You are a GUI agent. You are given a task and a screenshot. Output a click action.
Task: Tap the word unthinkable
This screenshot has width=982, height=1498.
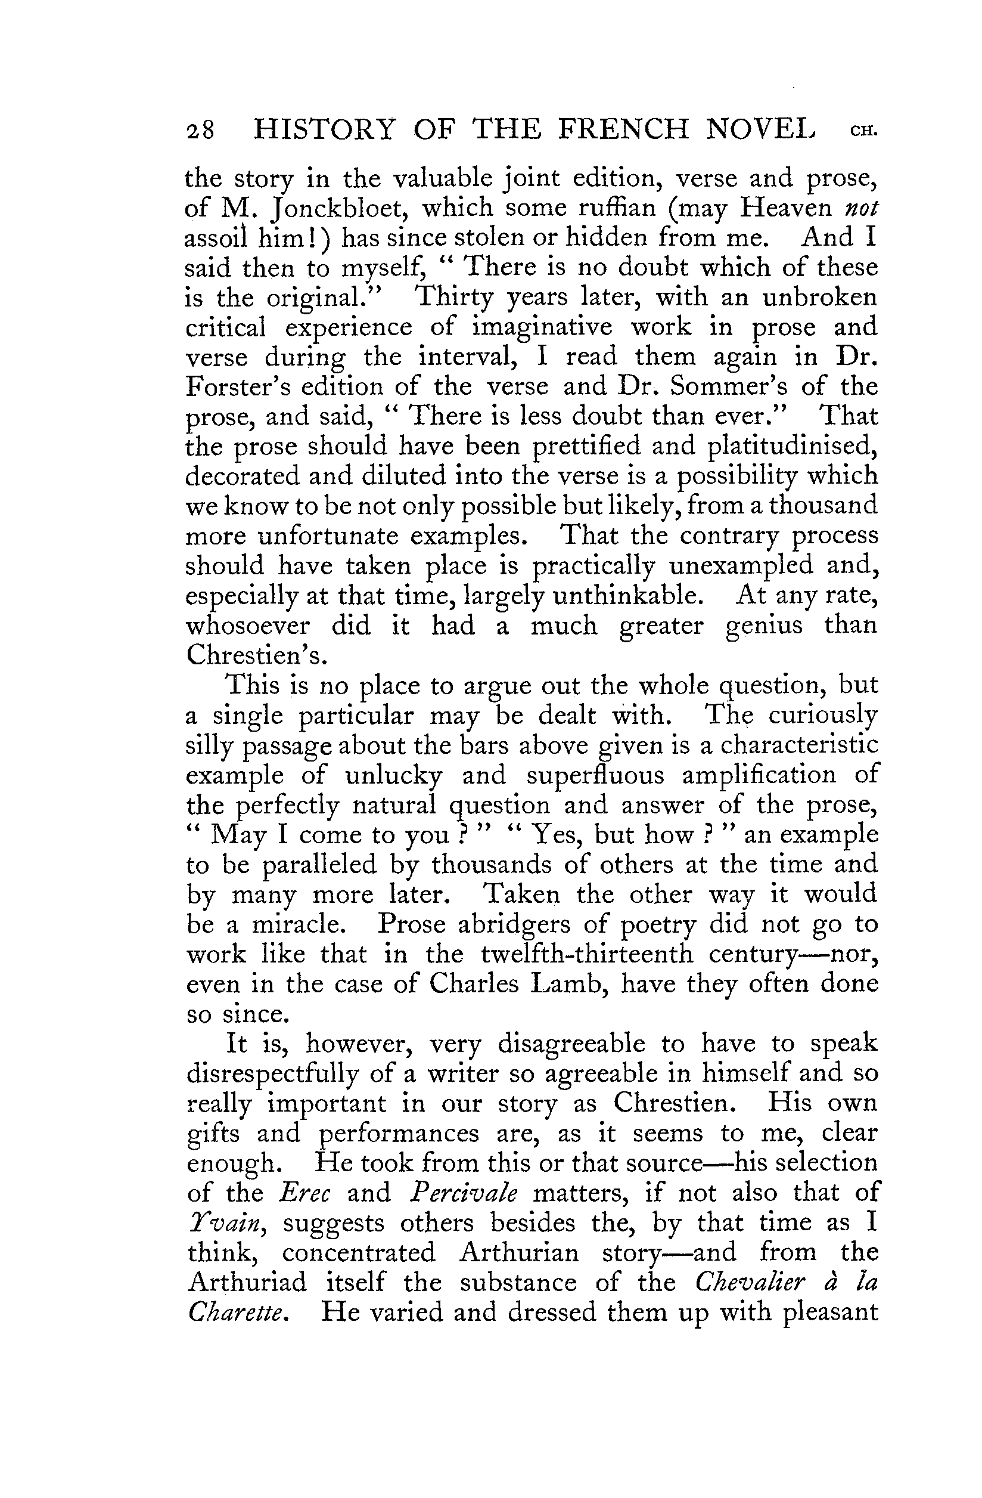point(627,595)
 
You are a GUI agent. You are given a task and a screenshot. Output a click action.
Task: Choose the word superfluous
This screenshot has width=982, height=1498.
point(595,775)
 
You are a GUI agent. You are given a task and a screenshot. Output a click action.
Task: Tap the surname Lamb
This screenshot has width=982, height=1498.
point(568,984)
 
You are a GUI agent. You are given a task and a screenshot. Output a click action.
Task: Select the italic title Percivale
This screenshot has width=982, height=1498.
point(463,1193)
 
